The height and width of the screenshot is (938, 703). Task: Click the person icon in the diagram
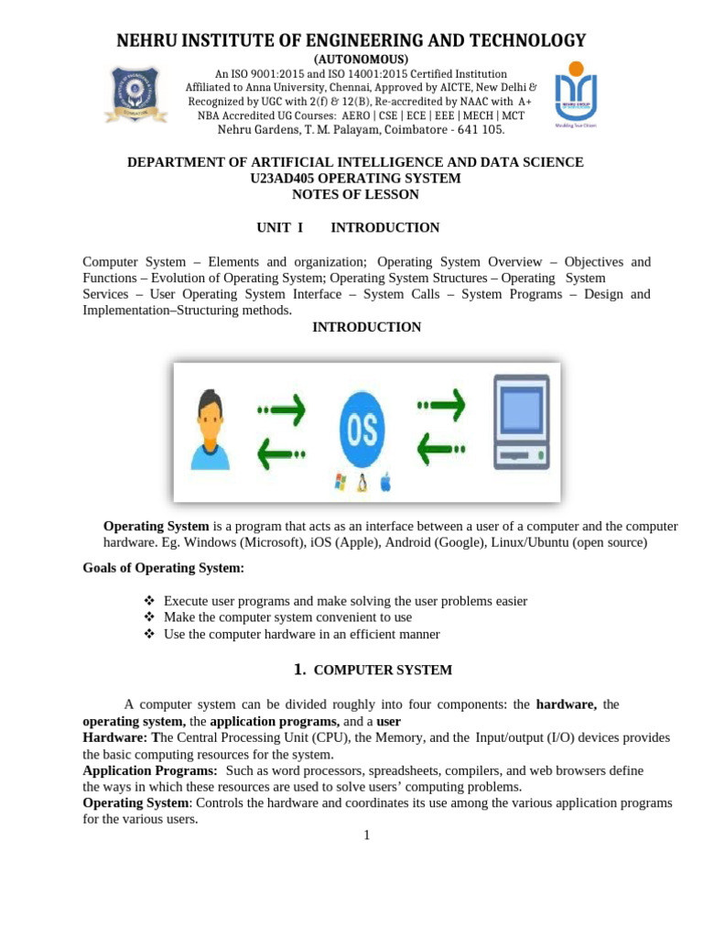pyautogui.click(x=210, y=430)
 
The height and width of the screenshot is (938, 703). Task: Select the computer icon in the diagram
pyautogui.click(x=521, y=421)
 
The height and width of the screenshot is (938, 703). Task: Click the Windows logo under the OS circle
pyautogui.click(x=340, y=482)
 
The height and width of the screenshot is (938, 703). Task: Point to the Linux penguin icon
pyautogui.click(x=362, y=483)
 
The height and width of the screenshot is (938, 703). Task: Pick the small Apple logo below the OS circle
pyautogui.click(x=384, y=483)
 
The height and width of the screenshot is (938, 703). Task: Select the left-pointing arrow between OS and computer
pyautogui.click(x=440, y=449)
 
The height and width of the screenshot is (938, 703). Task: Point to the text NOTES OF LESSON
pyautogui.click(x=355, y=194)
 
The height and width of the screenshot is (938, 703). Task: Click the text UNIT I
pyautogui.click(x=278, y=227)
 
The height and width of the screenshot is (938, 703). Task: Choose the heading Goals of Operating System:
pyautogui.click(x=164, y=568)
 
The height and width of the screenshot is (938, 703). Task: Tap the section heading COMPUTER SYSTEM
pyautogui.click(x=383, y=670)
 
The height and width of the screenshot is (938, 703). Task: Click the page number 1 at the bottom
pyautogui.click(x=366, y=834)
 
